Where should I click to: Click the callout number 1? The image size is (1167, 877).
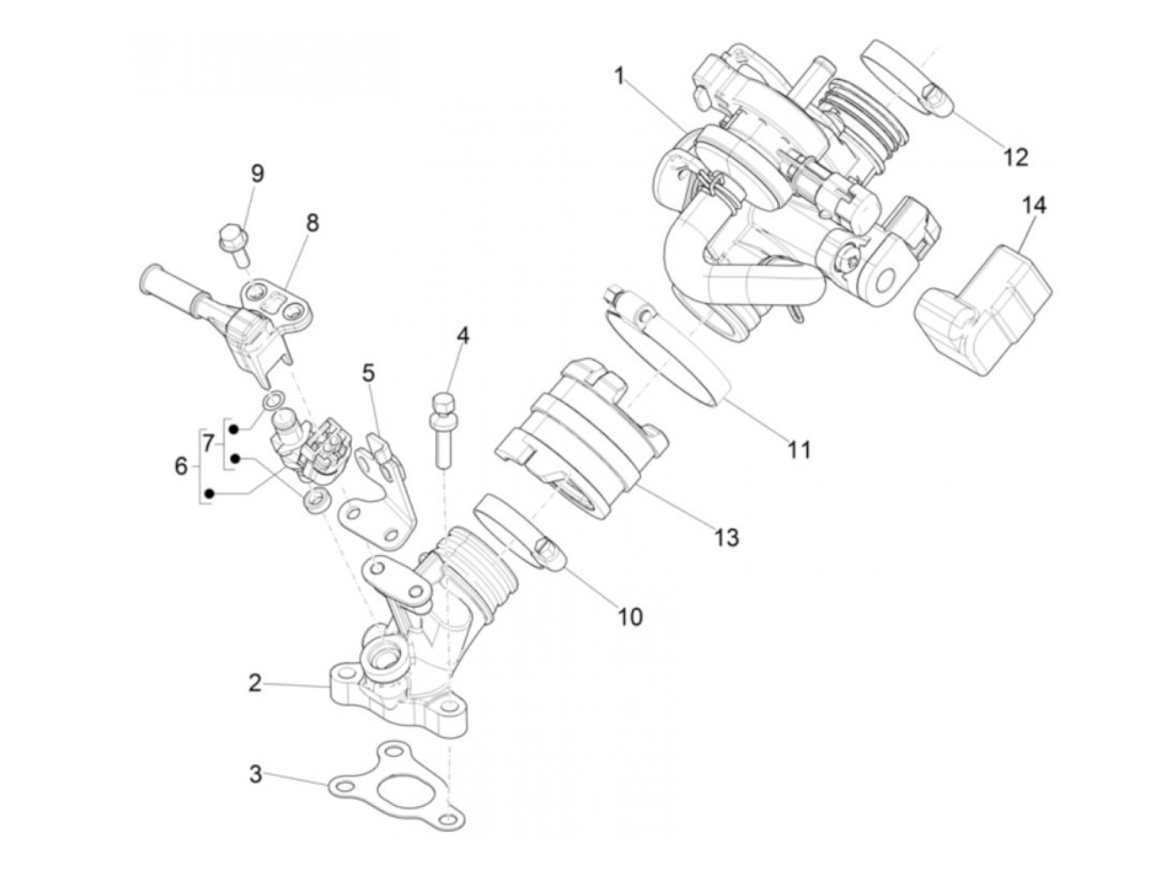point(619,77)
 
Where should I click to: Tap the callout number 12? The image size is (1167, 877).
point(1015,156)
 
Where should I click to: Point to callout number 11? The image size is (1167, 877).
point(799,450)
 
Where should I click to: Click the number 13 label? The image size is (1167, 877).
point(726,537)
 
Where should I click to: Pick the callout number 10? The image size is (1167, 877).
point(630,616)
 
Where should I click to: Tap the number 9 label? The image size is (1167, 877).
point(257,173)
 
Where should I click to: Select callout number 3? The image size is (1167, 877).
point(255,774)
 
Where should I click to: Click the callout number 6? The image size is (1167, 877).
point(181,466)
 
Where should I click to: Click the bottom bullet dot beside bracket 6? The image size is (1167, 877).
point(208,494)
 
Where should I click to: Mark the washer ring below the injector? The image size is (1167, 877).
point(316,502)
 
